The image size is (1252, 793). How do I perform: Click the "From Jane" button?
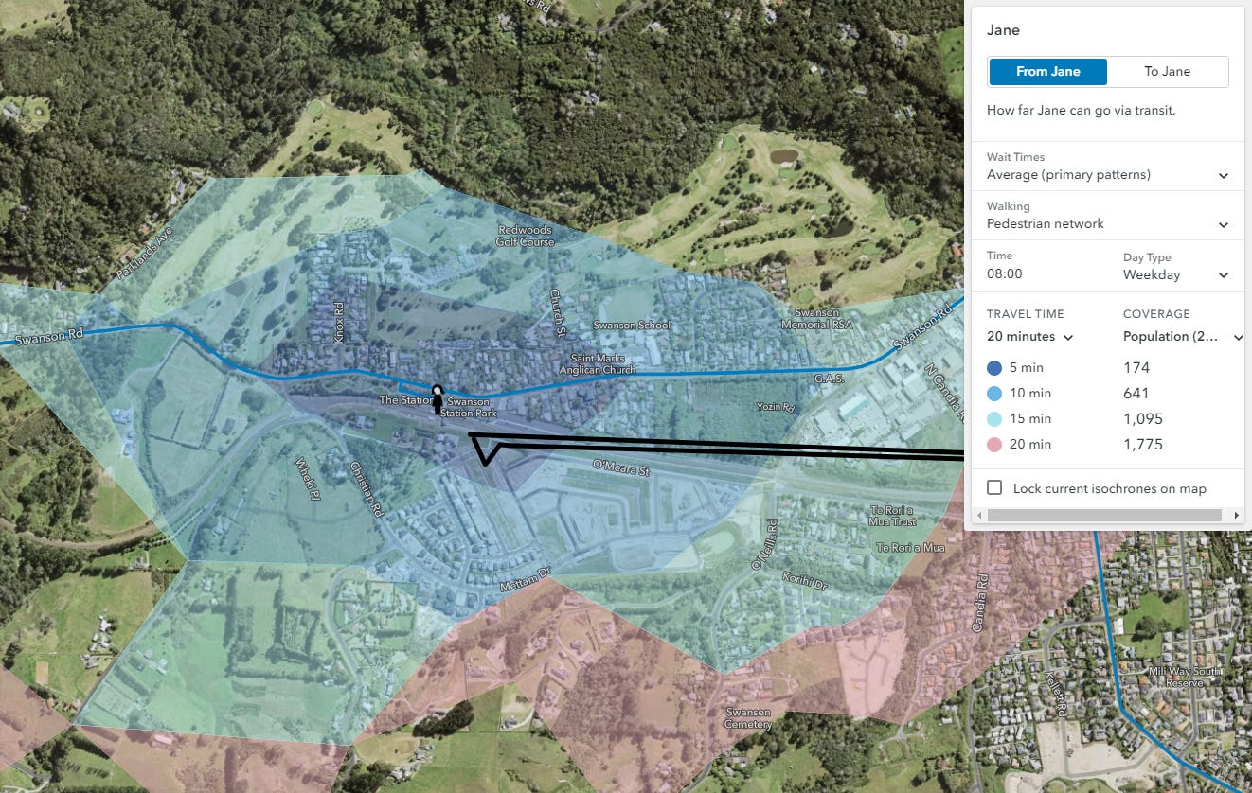(x=1047, y=72)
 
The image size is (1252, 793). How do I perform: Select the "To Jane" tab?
(x=1167, y=72)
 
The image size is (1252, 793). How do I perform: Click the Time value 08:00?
(x=1005, y=274)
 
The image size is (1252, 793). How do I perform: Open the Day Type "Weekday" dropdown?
(x=1175, y=275)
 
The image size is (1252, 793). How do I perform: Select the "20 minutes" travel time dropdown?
(x=1029, y=337)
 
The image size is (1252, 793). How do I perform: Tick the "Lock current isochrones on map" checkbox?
(x=994, y=488)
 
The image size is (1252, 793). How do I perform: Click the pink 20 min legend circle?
(x=994, y=445)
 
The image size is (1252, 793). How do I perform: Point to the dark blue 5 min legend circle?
(x=994, y=368)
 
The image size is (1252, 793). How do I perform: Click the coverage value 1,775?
(x=1142, y=445)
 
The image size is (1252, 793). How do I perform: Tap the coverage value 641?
(x=1136, y=394)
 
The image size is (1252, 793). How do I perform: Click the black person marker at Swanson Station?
(x=437, y=398)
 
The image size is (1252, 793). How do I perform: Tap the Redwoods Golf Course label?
(x=525, y=236)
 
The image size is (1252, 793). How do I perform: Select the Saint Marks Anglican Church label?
(x=602, y=364)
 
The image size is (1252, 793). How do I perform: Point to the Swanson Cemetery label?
(x=748, y=718)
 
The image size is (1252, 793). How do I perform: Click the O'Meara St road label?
(x=620, y=467)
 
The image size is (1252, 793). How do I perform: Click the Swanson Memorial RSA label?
(x=816, y=319)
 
